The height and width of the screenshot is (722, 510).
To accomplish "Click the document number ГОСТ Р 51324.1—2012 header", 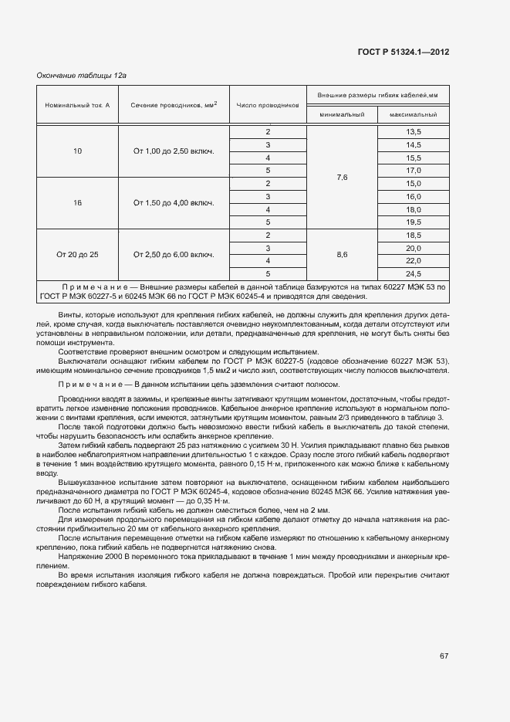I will click(404, 52).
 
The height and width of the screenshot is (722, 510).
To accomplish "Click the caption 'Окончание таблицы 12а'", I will click(82, 75).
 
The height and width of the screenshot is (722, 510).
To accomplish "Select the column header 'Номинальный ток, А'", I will click(77, 104).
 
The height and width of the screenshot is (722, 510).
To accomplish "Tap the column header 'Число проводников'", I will click(267, 104).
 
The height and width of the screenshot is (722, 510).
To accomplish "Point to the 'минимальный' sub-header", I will click(342, 114).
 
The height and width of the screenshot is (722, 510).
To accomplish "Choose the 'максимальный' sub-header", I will click(413, 114).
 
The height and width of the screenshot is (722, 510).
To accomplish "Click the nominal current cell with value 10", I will click(77, 151).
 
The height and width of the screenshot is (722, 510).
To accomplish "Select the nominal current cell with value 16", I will click(77, 203).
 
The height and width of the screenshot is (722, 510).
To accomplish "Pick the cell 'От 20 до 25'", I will click(77, 254).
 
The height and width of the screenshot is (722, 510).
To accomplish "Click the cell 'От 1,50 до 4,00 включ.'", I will click(174, 203).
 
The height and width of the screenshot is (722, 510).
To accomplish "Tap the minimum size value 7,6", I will click(343, 178).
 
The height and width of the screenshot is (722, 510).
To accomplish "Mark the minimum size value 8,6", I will click(343, 254).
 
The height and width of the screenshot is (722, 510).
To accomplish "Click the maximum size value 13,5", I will click(414, 132).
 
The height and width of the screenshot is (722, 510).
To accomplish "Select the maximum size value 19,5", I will click(414, 222).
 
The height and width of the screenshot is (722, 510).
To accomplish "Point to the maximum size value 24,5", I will click(414, 273).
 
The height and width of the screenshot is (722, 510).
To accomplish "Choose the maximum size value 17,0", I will click(414, 171).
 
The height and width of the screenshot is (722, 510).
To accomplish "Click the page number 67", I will click(444, 656).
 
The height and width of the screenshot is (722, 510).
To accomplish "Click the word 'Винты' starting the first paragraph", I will click(69, 315).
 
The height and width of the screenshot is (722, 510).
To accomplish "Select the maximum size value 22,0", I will click(414, 261).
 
